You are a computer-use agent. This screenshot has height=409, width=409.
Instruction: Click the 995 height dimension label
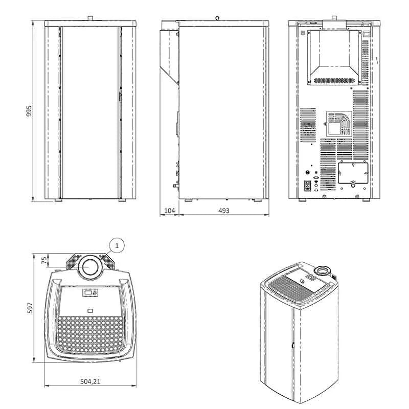pyautogui.click(x=29, y=111)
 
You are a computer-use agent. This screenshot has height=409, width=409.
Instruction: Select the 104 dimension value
pyautogui.click(x=169, y=210)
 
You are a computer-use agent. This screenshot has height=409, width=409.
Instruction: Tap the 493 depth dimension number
pyautogui.click(x=223, y=210)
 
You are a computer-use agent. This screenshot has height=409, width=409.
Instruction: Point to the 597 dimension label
pyautogui.click(x=30, y=308)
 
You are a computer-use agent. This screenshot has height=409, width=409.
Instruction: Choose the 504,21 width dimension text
pyautogui.click(x=90, y=381)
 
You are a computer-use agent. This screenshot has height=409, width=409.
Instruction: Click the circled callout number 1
pyautogui.click(x=117, y=246)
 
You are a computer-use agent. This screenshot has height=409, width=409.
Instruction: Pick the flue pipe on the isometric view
pyautogui.click(x=322, y=270)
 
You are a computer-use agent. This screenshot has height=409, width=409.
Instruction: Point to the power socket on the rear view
pyautogui.click(x=308, y=186)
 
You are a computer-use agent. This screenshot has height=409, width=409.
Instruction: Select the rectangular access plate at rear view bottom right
pyautogui.click(x=353, y=174)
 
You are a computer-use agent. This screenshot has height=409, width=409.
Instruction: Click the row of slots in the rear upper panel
pyautogui.click(x=334, y=80)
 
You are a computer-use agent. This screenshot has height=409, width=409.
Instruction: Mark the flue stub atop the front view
pyautogui.click(x=90, y=18)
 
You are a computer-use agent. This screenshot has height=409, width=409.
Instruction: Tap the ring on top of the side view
pyautogui.click(x=217, y=18)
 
